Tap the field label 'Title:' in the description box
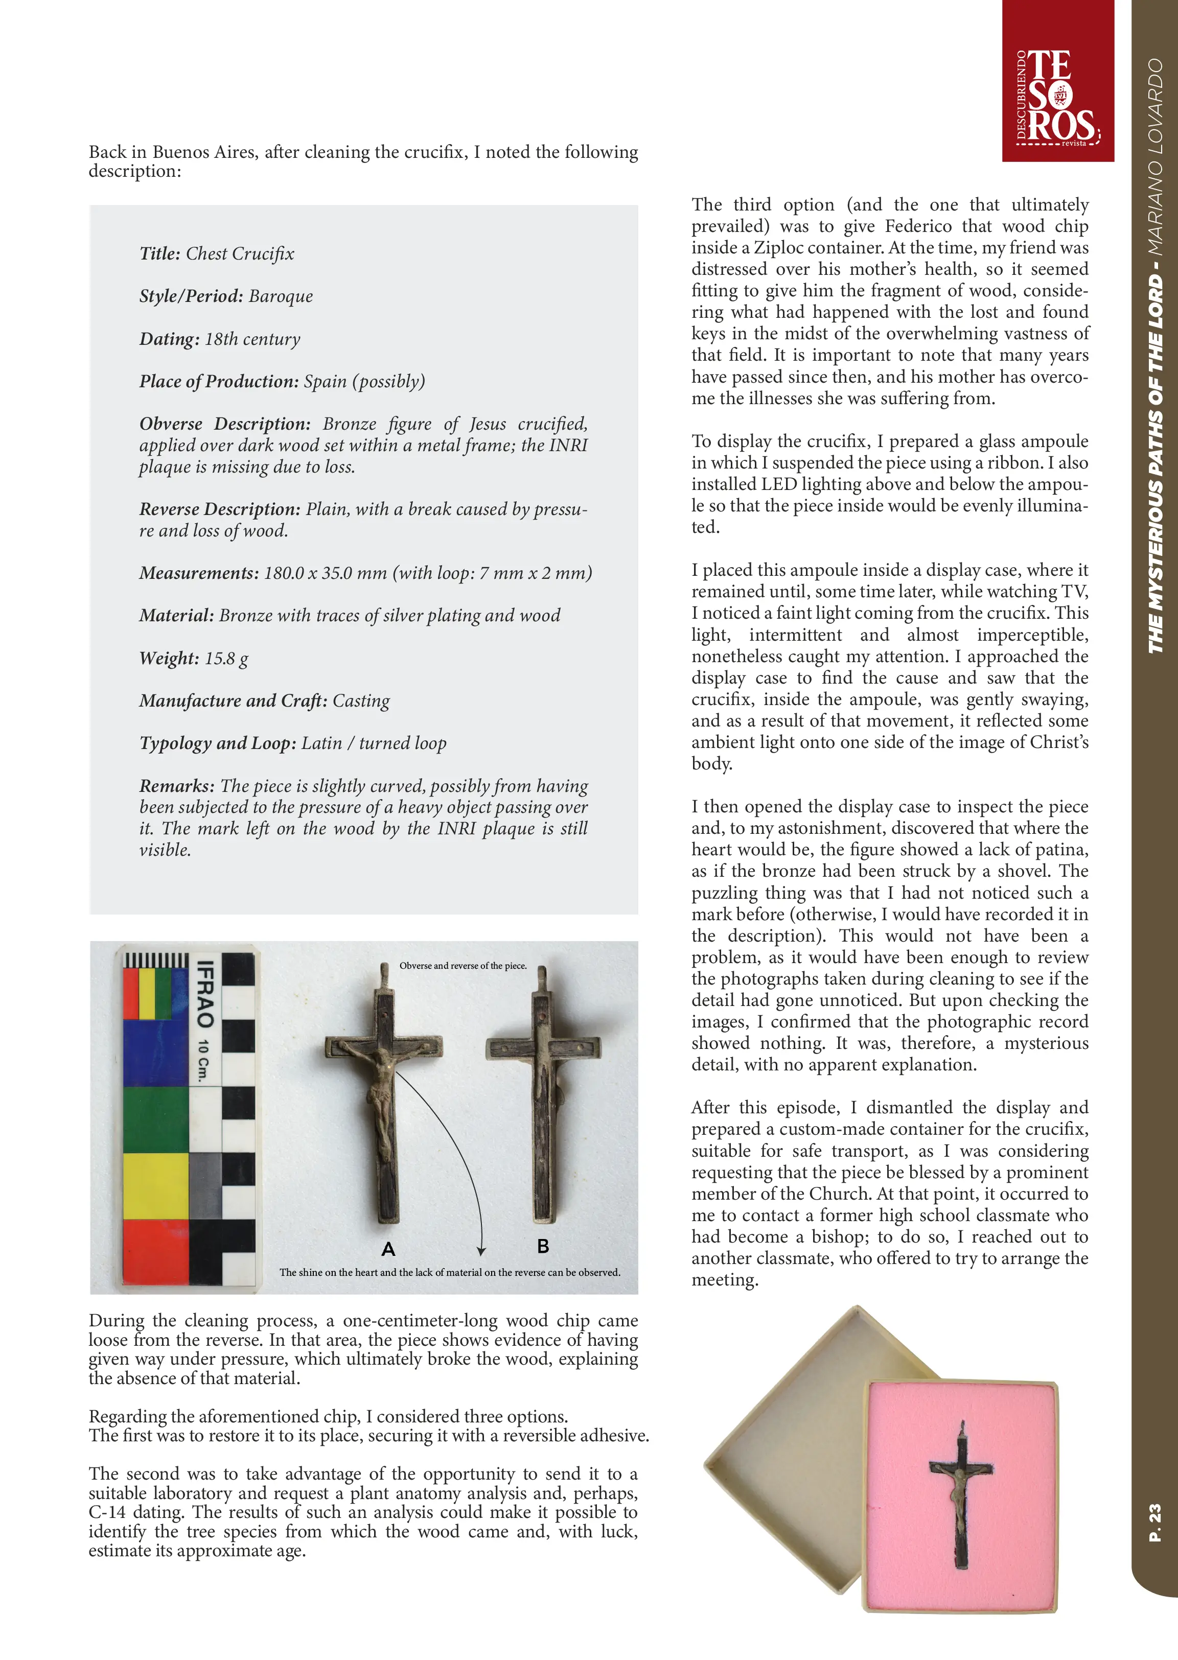pyautogui.click(x=159, y=254)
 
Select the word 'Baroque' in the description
pyautogui.click(x=281, y=297)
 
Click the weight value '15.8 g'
pyautogui.click(x=226, y=659)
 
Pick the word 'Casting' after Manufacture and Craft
pyautogui.click(x=361, y=702)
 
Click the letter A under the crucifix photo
pyautogui.click(x=388, y=1249)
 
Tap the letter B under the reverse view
pyautogui.click(x=543, y=1246)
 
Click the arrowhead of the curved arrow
pyautogui.click(x=480, y=1250)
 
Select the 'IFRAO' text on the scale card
pyautogui.click(x=206, y=994)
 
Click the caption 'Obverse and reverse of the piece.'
pyautogui.click(x=463, y=966)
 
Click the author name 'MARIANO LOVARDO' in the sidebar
pyautogui.click(x=1155, y=156)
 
